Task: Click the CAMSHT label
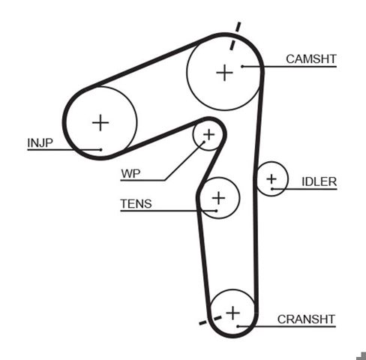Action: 311,59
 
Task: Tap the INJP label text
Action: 40,143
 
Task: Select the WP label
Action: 130,173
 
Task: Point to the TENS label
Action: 136,204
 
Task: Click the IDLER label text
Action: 319,181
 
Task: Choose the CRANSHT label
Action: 306,319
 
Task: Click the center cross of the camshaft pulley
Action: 225,73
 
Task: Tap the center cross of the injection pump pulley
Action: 100,122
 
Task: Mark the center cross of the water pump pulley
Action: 208,135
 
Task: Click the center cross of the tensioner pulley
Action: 219,198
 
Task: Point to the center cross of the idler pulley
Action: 271,179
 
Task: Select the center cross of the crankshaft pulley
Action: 232,313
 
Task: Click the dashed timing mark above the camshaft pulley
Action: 235,36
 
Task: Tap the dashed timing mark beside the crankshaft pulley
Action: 210,320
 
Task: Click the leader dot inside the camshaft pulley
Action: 242,66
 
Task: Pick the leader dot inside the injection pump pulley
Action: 100,150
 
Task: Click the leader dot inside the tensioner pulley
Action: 216,211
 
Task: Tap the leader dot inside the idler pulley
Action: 272,189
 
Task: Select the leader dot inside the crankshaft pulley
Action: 238,326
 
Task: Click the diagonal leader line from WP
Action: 184,160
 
